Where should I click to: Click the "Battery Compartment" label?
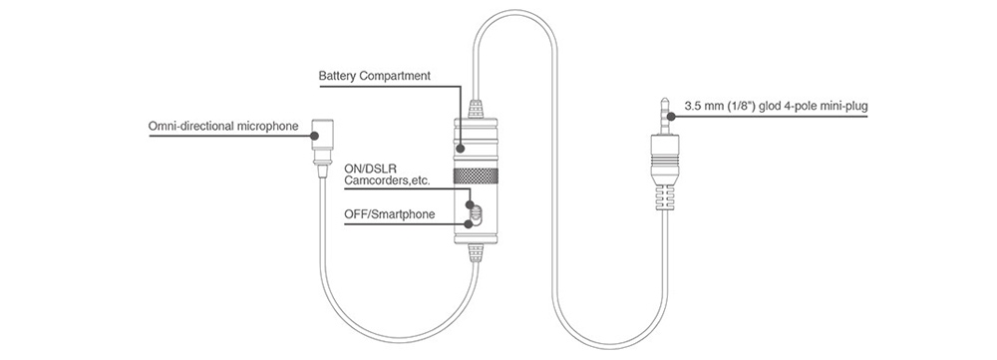tap(375, 77)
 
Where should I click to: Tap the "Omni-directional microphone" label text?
tap(223, 126)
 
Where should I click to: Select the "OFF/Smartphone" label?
tap(390, 214)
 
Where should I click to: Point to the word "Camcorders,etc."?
tap(387, 181)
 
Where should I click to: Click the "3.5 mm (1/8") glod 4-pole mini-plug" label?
tap(776, 107)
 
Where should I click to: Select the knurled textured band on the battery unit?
tap(476, 176)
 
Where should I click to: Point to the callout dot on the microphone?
tap(314, 136)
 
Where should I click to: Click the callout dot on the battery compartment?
tap(462, 149)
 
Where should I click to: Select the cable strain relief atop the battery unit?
tap(476, 110)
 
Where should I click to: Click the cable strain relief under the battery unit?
tap(476, 254)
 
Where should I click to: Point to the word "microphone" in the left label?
tap(267, 126)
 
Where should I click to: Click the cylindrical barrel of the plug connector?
tap(664, 158)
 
